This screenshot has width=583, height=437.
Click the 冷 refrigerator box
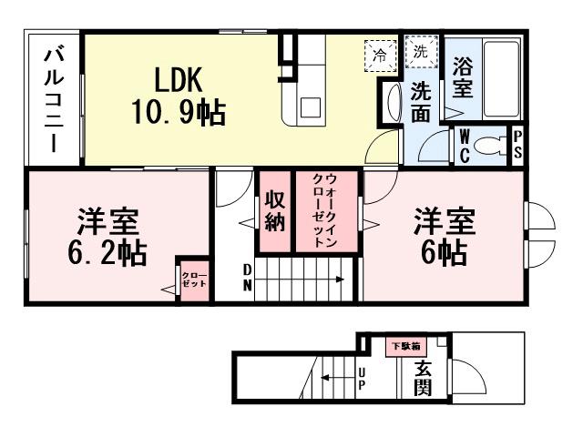(x=379, y=55)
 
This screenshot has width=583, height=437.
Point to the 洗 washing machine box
(x=422, y=51)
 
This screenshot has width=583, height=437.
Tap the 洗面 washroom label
(x=420, y=102)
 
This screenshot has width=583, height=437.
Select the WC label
(x=463, y=147)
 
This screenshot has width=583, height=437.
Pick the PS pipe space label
(x=517, y=146)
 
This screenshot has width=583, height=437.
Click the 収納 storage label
(x=275, y=210)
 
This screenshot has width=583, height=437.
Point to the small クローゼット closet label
(x=193, y=279)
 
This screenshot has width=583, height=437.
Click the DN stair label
(x=247, y=277)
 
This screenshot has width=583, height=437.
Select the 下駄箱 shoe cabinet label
(x=404, y=346)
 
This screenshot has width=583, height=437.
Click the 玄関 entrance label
(x=423, y=379)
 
